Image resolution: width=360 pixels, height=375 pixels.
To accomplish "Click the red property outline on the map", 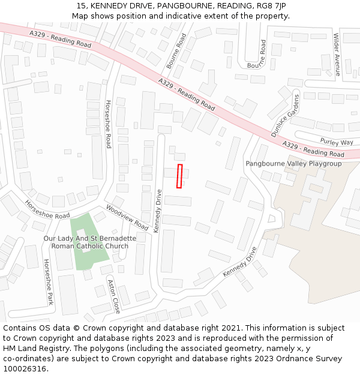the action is (x=179, y=176).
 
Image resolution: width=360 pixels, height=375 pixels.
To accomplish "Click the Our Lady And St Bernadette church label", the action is (x=90, y=242).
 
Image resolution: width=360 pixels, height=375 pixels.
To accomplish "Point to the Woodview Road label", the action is (x=127, y=217).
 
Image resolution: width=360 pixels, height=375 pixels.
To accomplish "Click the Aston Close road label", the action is (x=114, y=296).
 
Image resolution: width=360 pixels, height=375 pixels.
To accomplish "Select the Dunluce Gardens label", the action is (x=284, y=116).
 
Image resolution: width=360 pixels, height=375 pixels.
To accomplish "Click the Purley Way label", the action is (x=337, y=142).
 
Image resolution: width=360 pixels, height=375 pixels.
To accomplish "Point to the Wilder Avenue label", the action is (x=337, y=54).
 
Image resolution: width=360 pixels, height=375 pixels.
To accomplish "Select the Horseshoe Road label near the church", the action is (x=47, y=208).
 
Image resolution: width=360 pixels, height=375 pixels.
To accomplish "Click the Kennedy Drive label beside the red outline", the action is (x=157, y=211).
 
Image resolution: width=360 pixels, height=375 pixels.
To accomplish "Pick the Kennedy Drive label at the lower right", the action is (x=240, y=262).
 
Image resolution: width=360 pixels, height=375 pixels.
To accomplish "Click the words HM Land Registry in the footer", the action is (x=31, y=349).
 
